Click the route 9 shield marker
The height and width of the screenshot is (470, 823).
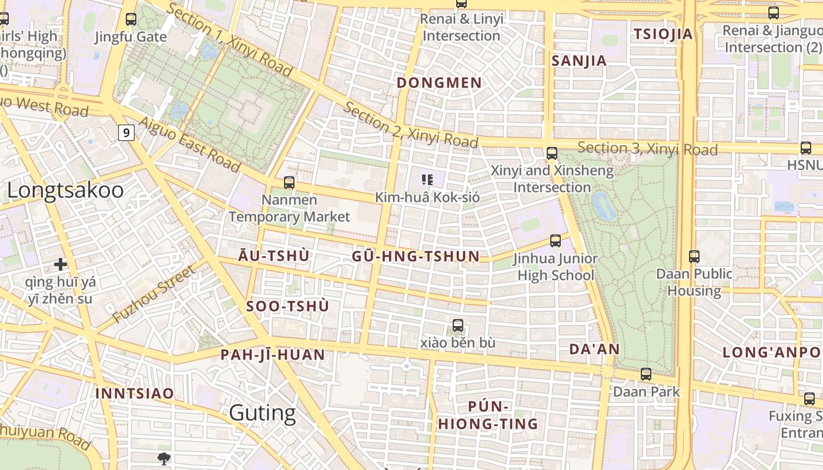(126, 133)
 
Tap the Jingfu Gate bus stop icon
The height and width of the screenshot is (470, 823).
(131, 19)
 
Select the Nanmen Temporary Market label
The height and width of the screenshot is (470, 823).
(289, 208)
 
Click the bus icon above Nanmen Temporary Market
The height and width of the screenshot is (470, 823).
(289, 183)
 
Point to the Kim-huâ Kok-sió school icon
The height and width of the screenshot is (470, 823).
(427, 180)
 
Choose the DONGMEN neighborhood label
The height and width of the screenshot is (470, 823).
(439, 83)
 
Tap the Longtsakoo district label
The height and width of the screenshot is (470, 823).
(65, 190)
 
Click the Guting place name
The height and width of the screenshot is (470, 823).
(262, 413)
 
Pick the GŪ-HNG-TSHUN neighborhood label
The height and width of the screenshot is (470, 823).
(416, 256)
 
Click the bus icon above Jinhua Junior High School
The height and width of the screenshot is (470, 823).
(555, 240)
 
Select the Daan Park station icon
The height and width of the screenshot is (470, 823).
(646, 374)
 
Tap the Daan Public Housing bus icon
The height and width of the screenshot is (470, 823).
(694, 256)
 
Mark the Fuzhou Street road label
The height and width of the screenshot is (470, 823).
(153, 294)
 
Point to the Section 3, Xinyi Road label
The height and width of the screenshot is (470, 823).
(647, 149)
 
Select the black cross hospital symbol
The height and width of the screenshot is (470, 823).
(60, 264)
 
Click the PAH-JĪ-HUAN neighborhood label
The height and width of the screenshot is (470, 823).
(273, 355)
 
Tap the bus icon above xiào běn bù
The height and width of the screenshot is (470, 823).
(458, 325)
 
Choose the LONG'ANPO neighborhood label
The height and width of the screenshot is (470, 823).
(771, 352)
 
